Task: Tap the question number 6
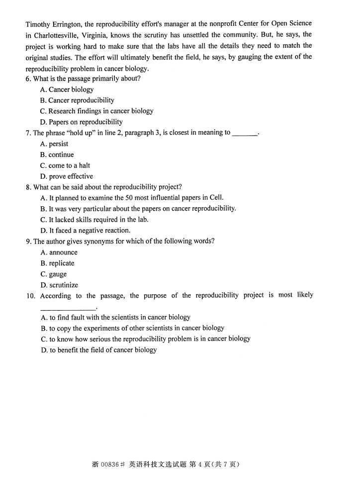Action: (28, 79)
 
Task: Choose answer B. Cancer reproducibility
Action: (77, 100)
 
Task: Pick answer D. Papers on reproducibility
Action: (81, 122)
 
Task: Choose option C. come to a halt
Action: (65, 166)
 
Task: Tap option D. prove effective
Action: (67, 176)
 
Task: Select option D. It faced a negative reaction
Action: (86, 231)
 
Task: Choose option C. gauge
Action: (53, 274)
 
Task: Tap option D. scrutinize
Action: (59, 285)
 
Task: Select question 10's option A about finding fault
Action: (115, 318)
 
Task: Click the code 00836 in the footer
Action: (110, 465)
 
